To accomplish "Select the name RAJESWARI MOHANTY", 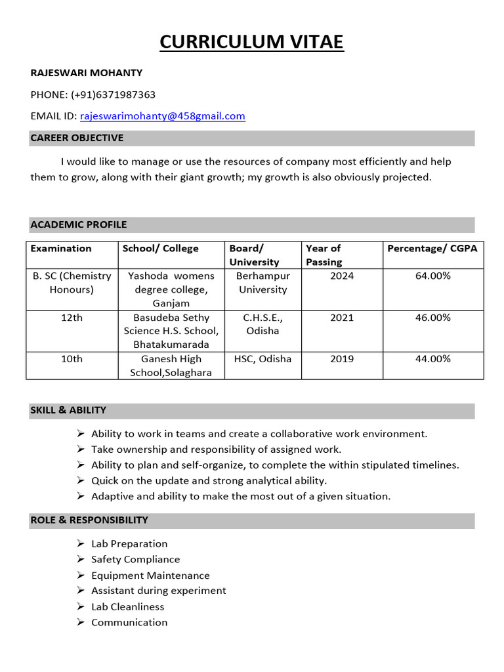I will (86, 73).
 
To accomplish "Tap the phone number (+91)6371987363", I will (113, 94).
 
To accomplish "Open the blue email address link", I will (163, 116).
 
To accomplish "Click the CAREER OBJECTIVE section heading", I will (77, 138).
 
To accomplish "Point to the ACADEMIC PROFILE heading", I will (79, 224).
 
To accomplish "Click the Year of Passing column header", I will (324, 255).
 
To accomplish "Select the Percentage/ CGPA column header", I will (432, 248).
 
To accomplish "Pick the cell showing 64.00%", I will (432, 276).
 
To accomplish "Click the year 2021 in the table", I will (342, 318).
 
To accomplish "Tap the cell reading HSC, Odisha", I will (262, 359).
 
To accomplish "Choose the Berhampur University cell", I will (262, 283).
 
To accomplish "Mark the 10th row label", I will (72, 359).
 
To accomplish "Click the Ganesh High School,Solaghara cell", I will (171, 366).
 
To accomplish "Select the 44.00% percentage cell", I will (432, 359).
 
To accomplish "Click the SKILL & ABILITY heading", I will (68, 410).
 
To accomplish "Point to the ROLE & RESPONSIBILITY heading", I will (89, 520).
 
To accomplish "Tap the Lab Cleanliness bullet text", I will (127, 607).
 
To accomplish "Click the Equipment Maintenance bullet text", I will (150, 576).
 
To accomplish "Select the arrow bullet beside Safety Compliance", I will (80, 560).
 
